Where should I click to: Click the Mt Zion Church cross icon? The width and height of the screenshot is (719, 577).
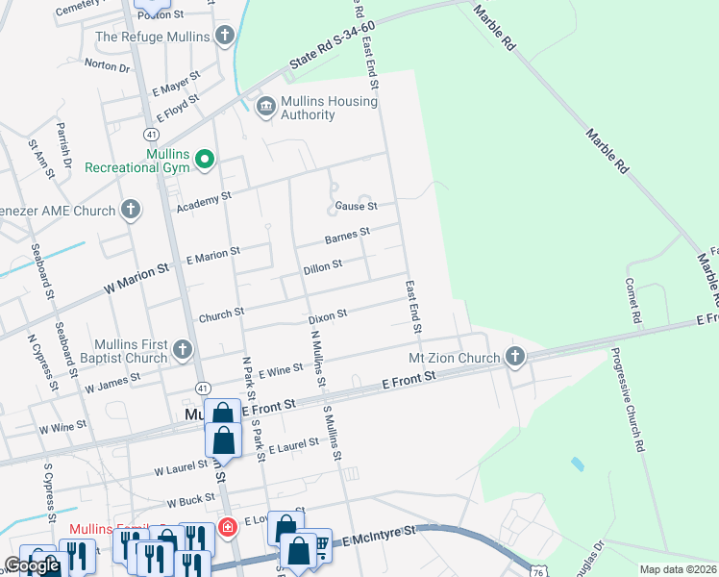[514, 358]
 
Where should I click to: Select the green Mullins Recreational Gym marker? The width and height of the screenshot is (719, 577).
[204, 160]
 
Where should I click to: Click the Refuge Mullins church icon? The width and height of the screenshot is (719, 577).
[225, 37]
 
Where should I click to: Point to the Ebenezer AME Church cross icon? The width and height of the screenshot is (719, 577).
[131, 210]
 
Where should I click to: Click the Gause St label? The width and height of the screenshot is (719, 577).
[357, 206]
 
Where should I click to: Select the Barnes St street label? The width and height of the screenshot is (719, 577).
[347, 236]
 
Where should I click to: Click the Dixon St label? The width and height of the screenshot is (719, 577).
[327, 316]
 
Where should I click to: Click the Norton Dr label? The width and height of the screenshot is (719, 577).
[107, 66]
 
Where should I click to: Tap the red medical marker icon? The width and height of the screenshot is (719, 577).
[227, 526]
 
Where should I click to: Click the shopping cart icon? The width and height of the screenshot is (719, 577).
[319, 542]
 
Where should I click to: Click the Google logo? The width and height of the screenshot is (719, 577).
[32, 565]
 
